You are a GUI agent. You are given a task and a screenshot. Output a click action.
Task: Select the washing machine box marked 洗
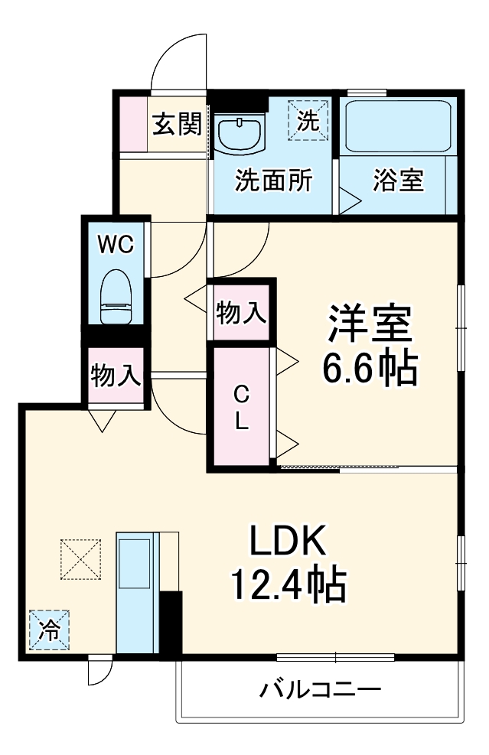[308, 121]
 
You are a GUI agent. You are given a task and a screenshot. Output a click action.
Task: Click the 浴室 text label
[398, 181]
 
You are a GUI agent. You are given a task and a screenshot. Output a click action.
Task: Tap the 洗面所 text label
[273, 181]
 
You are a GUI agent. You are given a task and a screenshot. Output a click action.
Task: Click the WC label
[116, 244]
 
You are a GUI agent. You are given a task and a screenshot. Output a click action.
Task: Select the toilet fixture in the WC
[117, 296]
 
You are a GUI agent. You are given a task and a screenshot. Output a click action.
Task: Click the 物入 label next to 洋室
[241, 313]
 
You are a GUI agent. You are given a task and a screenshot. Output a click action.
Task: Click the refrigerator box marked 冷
[50, 630]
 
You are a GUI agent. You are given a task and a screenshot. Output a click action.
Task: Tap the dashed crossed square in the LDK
[80, 559]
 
